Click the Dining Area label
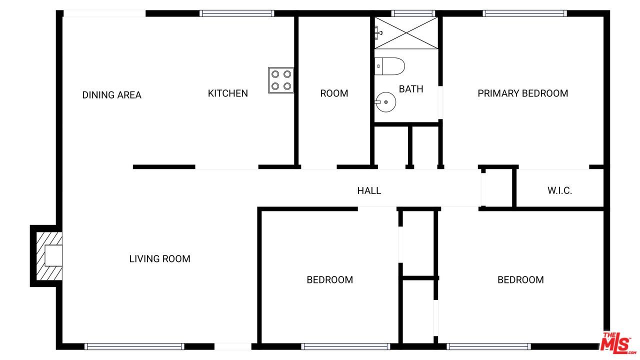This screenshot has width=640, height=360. pos(111,95)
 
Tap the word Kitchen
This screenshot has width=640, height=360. pos(227,93)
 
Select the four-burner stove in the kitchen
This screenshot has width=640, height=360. pos(281,80)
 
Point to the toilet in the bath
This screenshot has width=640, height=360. pos(389,66)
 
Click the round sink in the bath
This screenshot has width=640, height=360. pos(385,102)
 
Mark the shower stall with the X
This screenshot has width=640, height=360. pos(406,33)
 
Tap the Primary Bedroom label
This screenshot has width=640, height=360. pos(523,93)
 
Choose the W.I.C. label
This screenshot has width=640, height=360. pos(559,190)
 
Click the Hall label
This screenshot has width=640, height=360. pos(369,190)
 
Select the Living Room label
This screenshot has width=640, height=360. pos(159,259)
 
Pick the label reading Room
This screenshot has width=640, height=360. pos(334,93)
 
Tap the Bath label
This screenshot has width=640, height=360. pos(411,89)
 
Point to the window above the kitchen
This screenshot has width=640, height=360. pos(237,13)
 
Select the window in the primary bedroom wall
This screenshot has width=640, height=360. pos(525,13)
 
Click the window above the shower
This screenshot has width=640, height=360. pos(413,13)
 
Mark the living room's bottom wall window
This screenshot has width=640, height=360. pos(134,346)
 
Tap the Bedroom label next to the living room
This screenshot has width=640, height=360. pos(329,279)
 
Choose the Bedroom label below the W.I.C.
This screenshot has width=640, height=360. pos(520,279)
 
